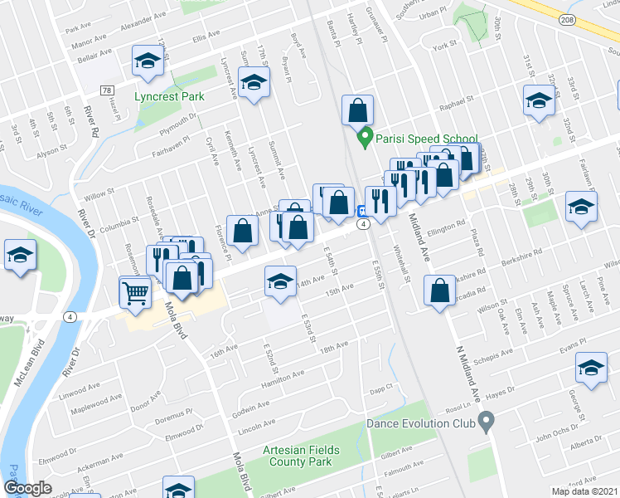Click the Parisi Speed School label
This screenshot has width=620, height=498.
427,139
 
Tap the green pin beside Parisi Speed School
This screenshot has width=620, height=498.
363,138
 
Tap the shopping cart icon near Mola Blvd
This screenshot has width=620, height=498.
136,292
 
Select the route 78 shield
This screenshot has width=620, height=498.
108,90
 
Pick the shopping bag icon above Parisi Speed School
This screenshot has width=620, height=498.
357,110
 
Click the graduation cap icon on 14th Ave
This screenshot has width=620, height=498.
281,282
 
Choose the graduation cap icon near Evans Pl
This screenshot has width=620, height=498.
592,368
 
